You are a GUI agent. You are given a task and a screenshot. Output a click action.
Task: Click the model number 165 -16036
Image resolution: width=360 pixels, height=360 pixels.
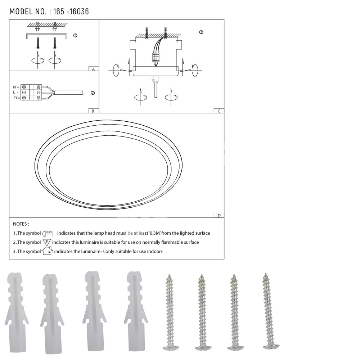pyautogui.click(x=71, y=12)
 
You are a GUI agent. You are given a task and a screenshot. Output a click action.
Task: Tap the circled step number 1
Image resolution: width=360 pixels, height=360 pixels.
pyautogui.click(x=75, y=35)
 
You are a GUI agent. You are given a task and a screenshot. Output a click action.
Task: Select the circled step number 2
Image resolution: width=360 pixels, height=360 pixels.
pyautogui.click(x=93, y=93)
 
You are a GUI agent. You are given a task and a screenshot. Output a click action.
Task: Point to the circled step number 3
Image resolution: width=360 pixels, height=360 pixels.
pyautogui.click(x=201, y=32)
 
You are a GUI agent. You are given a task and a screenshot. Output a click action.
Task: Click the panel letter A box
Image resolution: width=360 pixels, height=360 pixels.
pyautogui.click(x=94, y=69)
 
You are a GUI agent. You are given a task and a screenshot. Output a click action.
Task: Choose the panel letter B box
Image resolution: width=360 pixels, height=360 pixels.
pyautogui.click(x=94, y=111)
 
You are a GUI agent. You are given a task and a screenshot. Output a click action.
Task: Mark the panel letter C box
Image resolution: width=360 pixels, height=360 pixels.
pyautogui.click(x=219, y=111)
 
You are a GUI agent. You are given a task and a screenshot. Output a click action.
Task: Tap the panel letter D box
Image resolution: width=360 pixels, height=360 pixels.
pyautogui.click(x=219, y=215)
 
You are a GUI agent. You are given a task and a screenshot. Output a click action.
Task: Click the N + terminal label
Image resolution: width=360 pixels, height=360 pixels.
pyautogui.click(x=16, y=87)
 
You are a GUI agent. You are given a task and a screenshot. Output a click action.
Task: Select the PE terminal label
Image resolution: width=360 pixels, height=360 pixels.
pyautogui.click(x=17, y=97)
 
